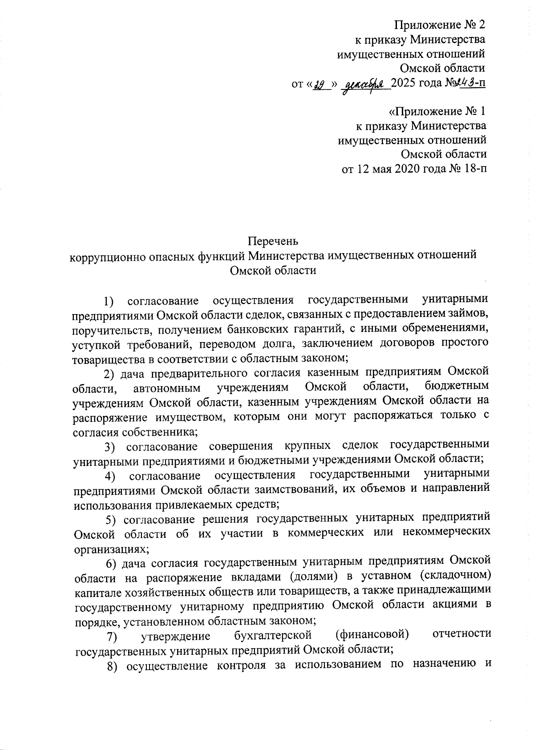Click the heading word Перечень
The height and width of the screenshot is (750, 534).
tap(273, 241)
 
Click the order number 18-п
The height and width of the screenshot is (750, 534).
tap(472, 169)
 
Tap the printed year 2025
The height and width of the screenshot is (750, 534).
tap(408, 84)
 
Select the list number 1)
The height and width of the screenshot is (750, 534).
tap(109, 302)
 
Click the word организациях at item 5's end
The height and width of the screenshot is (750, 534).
tap(109, 548)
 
